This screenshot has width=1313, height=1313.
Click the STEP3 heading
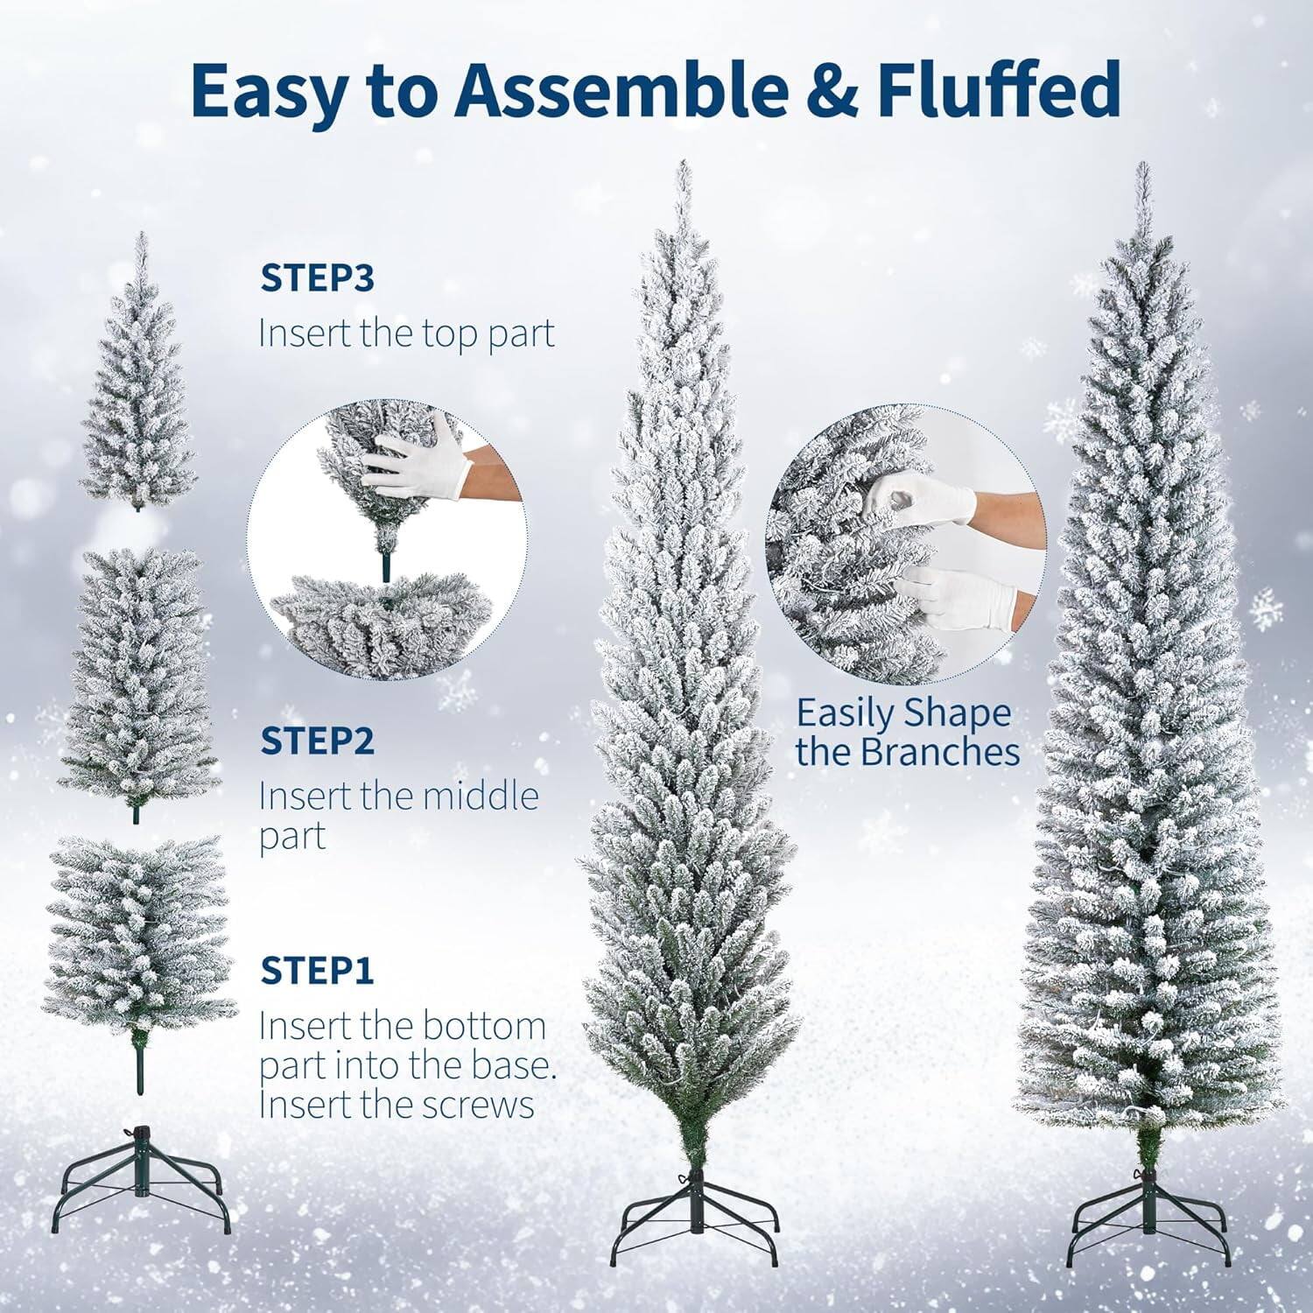317,278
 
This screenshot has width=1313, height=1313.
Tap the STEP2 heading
317,741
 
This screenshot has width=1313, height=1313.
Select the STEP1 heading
317,971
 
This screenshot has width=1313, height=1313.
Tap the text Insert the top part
406,334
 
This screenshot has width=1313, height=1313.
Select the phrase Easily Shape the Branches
907,733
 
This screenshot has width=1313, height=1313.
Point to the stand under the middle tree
692,1203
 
